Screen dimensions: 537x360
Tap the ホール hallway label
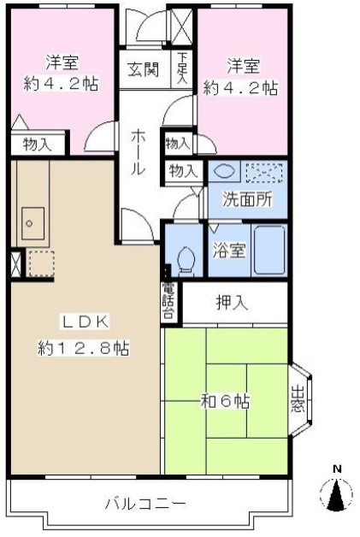click(x=137, y=152)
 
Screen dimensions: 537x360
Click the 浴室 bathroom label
click(x=228, y=251)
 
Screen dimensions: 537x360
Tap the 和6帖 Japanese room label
click(x=226, y=400)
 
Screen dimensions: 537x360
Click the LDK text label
click(x=83, y=322)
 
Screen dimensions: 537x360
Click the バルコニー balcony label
click(x=145, y=504)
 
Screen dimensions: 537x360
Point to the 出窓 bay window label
click(x=298, y=399)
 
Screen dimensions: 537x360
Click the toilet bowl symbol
click(x=184, y=257)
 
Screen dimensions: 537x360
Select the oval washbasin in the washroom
click(x=224, y=170)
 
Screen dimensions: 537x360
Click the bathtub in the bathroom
click(x=269, y=250)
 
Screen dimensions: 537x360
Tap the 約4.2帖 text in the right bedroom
click(x=240, y=86)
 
